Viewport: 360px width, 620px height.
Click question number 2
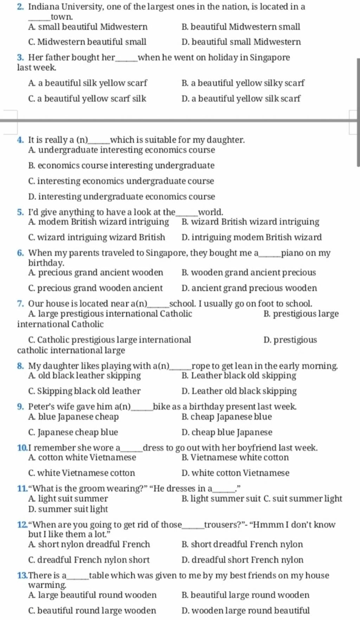(20, 7)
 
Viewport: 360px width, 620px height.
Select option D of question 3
(241, 98)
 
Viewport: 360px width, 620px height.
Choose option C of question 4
(121, 181)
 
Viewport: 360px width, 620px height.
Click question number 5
(20, 212)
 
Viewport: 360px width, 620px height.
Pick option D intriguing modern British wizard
(251, 237)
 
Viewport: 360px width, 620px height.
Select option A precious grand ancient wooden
(96, 273)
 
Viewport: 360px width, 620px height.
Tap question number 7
(20, 303)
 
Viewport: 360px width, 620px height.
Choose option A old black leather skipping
(84, 376)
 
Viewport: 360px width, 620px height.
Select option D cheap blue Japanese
(227, 432)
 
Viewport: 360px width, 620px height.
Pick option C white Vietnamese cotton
(82, 473)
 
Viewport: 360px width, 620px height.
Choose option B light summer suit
(221, 499)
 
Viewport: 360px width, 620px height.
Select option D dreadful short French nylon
(242, 560)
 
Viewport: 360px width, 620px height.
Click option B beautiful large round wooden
(245, 595)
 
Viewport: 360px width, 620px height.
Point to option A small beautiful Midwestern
(88, 27)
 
